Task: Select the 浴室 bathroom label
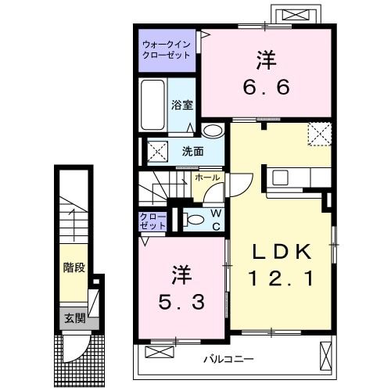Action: click(182, 104)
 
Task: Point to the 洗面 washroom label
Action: click(192, 150)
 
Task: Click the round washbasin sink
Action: click(211, 131)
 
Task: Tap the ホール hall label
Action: click(207, 178)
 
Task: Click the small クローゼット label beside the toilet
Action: click(153, 221)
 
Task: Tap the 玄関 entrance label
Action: click(73, 318)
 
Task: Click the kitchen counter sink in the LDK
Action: click(279, 178)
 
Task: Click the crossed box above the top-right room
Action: click(295, 15)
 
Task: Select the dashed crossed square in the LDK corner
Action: click(319, 134)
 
